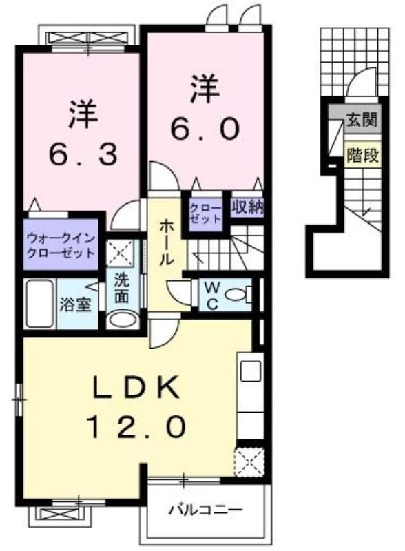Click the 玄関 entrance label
(362, 120)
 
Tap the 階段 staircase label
(362, 155)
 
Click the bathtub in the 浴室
(39, 304)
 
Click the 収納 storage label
(247, 209)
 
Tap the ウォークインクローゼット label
(61, 245)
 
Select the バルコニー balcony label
(205, 509)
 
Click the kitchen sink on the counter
(250, 371)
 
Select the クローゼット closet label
(206, 213)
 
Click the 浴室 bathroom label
(75, 304)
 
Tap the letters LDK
(136, 388)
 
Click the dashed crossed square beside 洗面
(120, 252)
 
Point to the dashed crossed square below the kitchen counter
(249, 462)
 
